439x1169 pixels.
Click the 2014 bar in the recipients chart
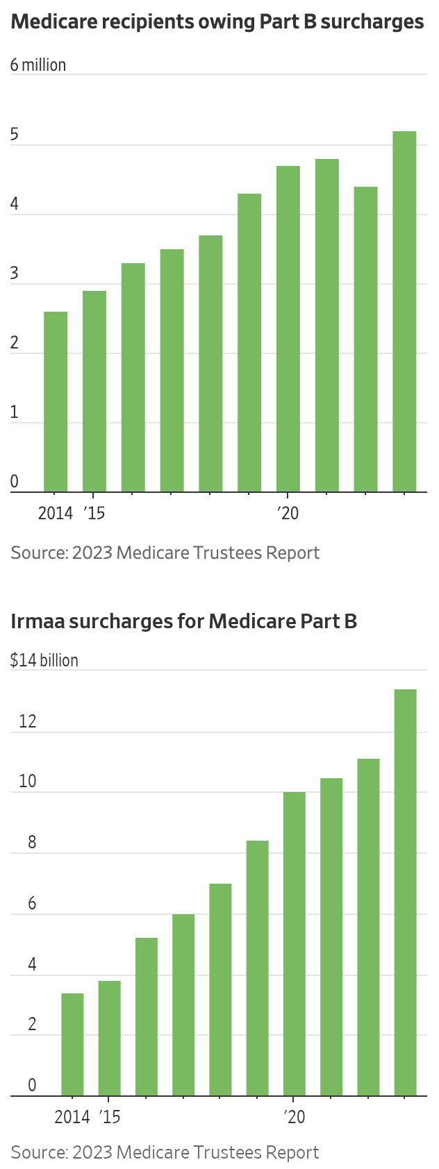click(x=56, y=402)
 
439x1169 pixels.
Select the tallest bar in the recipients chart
click(x=404, y=312)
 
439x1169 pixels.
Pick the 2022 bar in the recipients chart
click(x=365, y=339)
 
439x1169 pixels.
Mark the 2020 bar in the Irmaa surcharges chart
click(x=295, y=944)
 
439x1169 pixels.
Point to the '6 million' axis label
click(x=38, y=65)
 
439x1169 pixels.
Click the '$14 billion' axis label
click(x=44, y=660)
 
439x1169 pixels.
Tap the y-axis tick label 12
click(x=28, y=721)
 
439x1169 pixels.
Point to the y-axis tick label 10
click(x=28, y=782)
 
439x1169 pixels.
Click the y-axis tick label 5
click(x=15, y=135)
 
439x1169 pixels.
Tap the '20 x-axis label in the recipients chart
click(x=288, y=513)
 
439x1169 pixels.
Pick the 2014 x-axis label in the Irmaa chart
click(x=72, y=1117)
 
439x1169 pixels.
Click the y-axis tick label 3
click(x=15, y=274)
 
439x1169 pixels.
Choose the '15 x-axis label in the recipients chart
click(x=94, y=513)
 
